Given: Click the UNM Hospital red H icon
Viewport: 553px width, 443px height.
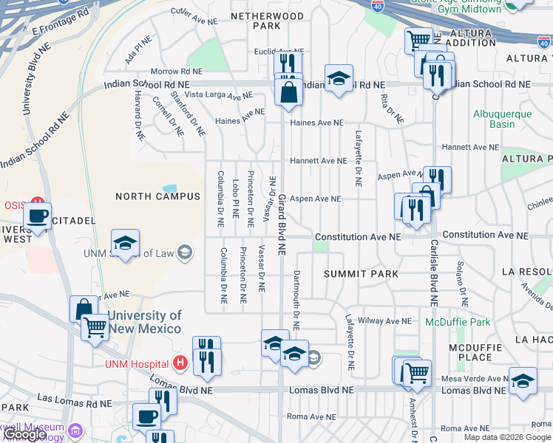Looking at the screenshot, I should (x=179, y=363).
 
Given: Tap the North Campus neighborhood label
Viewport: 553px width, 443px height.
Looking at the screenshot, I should (x=157, y=196).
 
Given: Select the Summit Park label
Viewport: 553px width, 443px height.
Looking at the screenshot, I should (x=362, y=274).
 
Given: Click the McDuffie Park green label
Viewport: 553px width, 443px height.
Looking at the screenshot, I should (x=458, y=322).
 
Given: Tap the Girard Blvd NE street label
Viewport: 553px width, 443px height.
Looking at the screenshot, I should (x=282, y=224).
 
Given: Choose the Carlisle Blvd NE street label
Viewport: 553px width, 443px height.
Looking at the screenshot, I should (x=434, y=272).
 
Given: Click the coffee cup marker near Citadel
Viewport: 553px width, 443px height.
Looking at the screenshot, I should (x=38, y=216).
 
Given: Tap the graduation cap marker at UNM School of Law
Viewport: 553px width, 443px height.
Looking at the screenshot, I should (x=126, y=243).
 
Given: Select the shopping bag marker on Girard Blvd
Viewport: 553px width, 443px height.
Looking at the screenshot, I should (x=288, y=92).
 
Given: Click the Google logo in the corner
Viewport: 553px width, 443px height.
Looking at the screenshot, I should (x=24, y=434).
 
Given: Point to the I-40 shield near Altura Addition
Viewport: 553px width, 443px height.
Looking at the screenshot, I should (x=544, y=43).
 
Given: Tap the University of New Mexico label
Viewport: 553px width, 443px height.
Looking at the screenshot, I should (x=144, y=322).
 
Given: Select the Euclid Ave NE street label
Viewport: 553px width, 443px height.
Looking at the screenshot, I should (x=274, y=52).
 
